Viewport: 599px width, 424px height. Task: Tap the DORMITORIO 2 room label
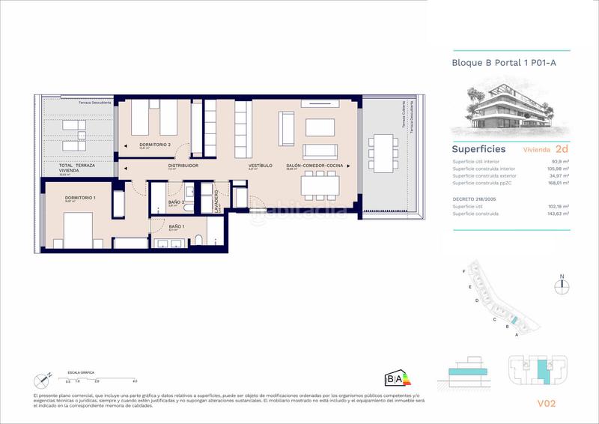(154, 145)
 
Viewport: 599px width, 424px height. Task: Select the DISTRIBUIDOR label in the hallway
(183, 165)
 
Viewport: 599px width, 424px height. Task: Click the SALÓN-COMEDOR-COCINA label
(314, 165)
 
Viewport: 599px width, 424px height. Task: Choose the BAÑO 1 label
(176, 225)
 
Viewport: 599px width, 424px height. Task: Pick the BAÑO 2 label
(177, 202)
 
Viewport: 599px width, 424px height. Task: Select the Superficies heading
(478, 149)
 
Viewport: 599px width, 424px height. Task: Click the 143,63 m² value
(556, 214)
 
